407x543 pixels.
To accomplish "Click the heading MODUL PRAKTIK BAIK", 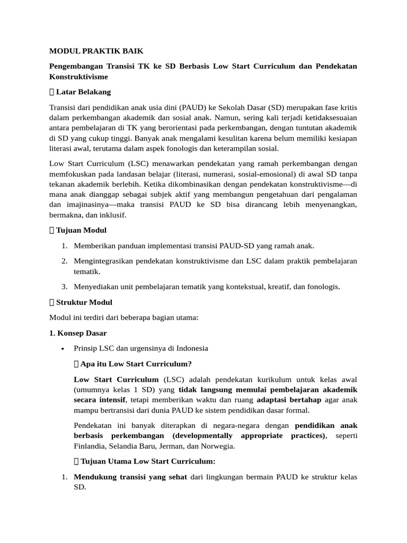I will click(x=96, y=51).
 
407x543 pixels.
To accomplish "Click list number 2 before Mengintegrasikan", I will click(x=64, y=261).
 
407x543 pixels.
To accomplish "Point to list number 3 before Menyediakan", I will click(x=64, y=286).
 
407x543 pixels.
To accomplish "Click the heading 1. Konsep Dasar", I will click(x=78, y=333).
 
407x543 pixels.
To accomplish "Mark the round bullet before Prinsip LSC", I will click(x=63, y=349).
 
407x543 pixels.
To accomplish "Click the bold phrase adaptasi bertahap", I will click(x=288, y=400).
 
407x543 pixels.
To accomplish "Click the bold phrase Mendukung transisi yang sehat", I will click(x=130, y=477).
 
